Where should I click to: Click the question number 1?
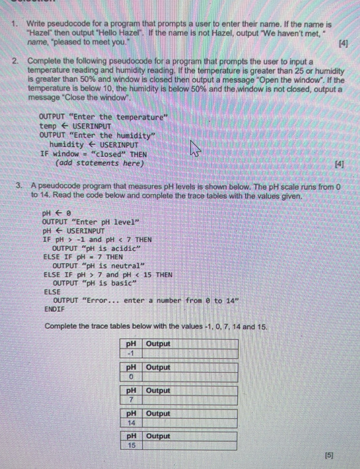pyautogui.click(x=13, y=23)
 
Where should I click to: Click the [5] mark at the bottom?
pyautogui.click(x=329, y=455)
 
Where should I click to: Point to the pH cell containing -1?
pyautogui.click(x=130, y=354)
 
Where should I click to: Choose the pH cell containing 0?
pyautogui.click(x=131, y=376)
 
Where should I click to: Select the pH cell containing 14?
pyautogui.click(x=131, y=423)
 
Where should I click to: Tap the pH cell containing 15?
pyautogui.click(x=131, y=446)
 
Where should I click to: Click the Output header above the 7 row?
pyautogui.click(x=158, y=391)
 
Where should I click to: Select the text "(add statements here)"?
pyautogui.click(x=99, y=164)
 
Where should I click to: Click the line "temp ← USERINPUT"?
pyautogui.click(x=74, y=126)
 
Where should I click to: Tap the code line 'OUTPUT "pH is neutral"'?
pyautogui.click(x=98, y=265)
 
